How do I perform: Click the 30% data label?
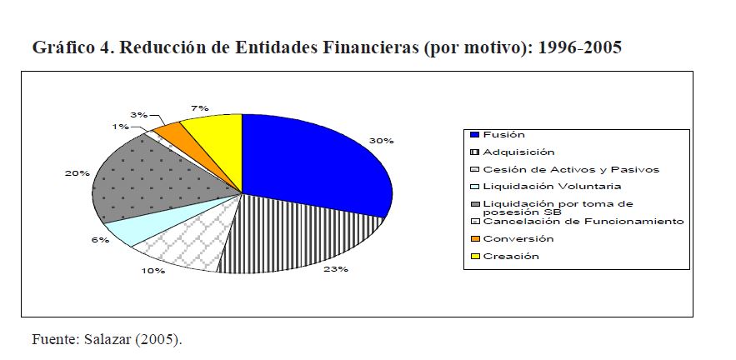381,141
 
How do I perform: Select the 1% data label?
121,127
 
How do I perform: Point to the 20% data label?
78,173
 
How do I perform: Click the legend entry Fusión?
503,135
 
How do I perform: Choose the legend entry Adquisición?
518,152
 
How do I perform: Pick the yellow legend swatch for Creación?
474,256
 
